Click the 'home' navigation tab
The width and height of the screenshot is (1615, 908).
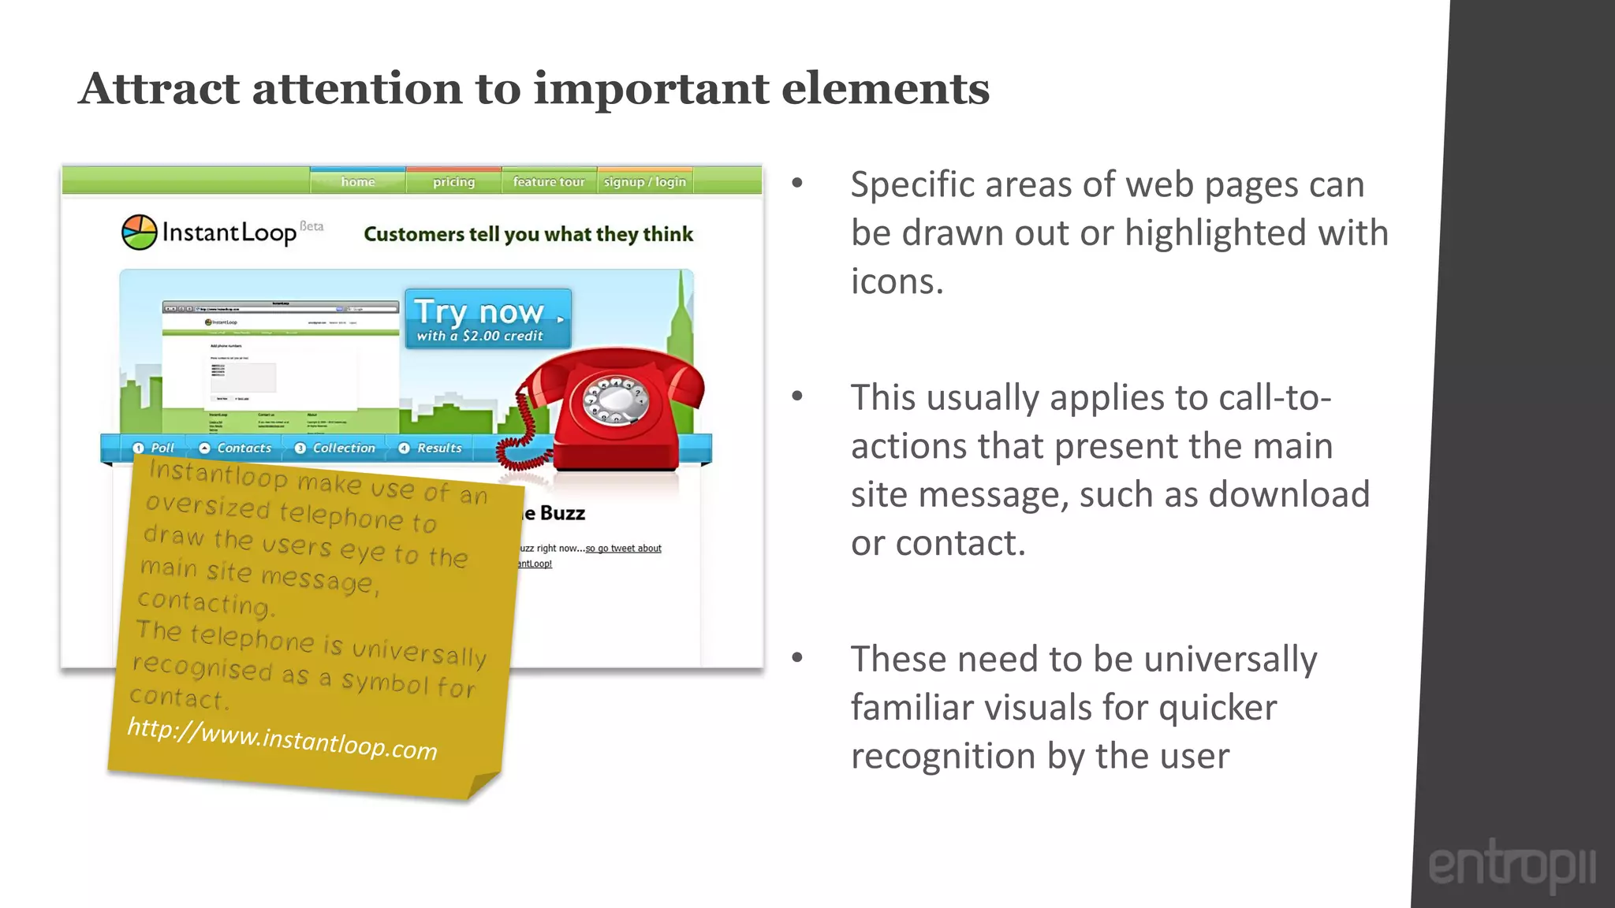click(x=358, y=181)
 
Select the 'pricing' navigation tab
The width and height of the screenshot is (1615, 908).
click(x=453, y=181)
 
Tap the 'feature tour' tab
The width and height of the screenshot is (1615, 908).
click(x=549, y=181)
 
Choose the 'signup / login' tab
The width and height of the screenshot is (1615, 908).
click(x=644, y=181)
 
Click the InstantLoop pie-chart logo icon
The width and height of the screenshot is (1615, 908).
click(x=140, y=233)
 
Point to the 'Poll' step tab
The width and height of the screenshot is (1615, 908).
click(x=154, y=448)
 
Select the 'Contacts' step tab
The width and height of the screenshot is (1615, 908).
click(x=235, y=448)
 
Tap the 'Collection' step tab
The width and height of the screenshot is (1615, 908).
click(x=335, y=448)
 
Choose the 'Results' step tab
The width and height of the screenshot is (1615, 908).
click(x=431, y=448)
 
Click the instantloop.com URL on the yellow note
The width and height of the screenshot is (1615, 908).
click(x=282, y=739)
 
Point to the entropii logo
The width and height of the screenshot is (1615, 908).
click(x=1511, y=865)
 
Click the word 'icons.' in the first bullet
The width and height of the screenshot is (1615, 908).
click(x=897, y=281)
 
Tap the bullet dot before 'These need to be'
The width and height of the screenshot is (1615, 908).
click(x=797, y=657)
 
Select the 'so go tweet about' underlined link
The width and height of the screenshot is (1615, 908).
click(x=623, y=548)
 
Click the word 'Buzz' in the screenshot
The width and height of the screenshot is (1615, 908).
click(x=562, y=513)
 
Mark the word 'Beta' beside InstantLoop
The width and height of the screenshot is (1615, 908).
click(x=311, y=226)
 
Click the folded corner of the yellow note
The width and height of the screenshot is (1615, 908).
click(x=483, y=785)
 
